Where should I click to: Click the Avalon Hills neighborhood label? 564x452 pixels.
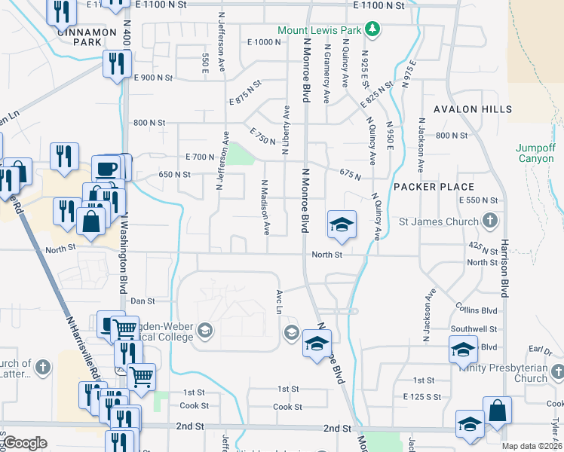(x=473, y=109)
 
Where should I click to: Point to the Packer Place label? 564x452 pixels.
(x=434, y=187)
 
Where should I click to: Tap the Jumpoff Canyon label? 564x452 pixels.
(x=537, y=153)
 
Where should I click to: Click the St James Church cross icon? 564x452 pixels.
(x=490, y=221)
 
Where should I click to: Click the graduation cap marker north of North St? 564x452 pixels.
(x=341, y=224)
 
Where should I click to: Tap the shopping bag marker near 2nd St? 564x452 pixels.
(x=498, y=410)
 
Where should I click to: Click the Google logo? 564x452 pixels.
(x=26, y=443)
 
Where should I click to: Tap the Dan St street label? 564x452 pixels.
(x=143, y=301)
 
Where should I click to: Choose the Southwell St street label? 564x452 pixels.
(x=474, y=329)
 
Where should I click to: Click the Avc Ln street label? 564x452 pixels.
(x=279, y=304)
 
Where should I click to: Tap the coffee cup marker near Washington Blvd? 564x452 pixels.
(x=106, y=167)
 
